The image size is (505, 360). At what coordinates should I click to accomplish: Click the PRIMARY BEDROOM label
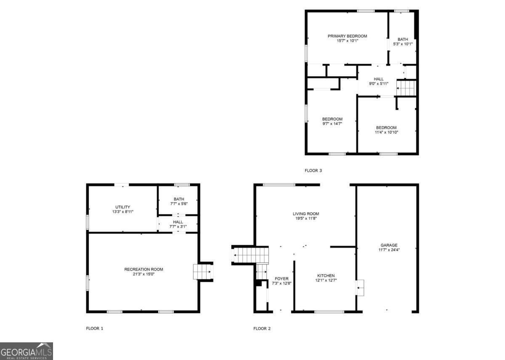tap(347, 36)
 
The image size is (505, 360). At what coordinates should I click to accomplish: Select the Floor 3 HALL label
tap(378, 79)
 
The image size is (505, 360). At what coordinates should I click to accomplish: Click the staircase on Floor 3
tap(407, 89)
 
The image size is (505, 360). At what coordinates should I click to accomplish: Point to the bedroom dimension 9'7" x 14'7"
tap(332, 124)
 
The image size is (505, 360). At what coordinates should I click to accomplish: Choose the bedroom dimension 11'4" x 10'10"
tap(386, 132)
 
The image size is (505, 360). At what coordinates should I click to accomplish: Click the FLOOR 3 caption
tap(313, 171)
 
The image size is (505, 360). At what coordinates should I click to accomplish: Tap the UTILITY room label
tap(122, 207)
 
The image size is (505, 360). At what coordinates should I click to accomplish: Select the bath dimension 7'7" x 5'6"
tap(179, 204)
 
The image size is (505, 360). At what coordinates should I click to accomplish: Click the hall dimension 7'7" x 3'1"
tap(178, 226)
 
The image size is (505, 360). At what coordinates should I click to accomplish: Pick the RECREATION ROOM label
tap(144, 269)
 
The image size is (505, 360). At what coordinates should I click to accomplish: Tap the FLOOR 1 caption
tap(94, 328)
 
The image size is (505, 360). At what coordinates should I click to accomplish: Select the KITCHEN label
tap(326, 275)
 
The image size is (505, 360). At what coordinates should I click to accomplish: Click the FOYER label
tap(282, 278)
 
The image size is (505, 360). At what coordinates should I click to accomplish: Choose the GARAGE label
tap(389, 245)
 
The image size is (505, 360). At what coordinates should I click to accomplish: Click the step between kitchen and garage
tap(360, 288)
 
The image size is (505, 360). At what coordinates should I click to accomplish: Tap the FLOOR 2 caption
tap(262, 328)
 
